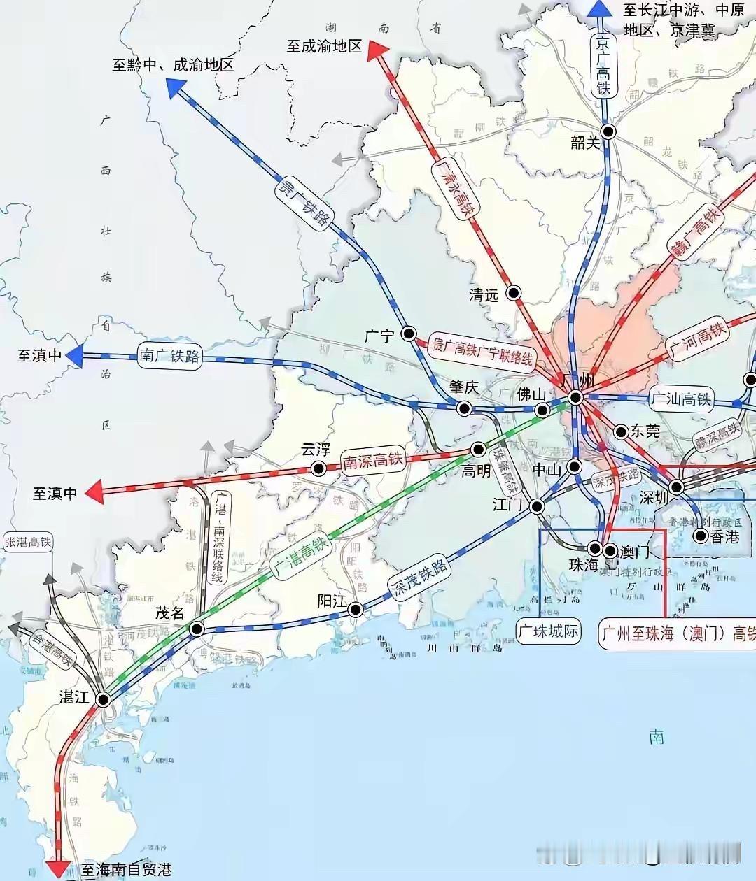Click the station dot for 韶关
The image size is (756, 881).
pyautogui.click(x=608, y=131)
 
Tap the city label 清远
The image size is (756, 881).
pyautogui.click(x=484, y=296)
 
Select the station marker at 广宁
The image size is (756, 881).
pyautogui.click(x=408, y=334)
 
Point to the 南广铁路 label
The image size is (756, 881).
pyautogui.click(x=169, y=356)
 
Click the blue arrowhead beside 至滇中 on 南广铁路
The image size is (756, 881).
pyautogui.click(x=74, y=355)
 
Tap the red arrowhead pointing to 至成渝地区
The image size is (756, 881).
pyautogui.click(x=378, y=49)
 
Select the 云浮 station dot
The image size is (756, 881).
pyautogui.click(x=318, y=468)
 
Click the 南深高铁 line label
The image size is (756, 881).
pyautogui.click(x=373, y=459)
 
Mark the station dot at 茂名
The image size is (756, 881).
pyautogui.click(x=197, y=629)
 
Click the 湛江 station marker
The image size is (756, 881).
pyautogui.click(x=104, y=699)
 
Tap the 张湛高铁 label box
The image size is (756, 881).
pyautogui.click(x=28, y=541)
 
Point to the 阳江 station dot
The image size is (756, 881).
pyautogui.click(x=356, y=609)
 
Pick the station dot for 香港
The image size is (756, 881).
pyautogui.click(x=700, y=536)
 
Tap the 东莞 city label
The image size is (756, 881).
pyautogui.click(x=645, y=431)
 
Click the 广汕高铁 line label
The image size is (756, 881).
pyautogui.click(x=680, y=399)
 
